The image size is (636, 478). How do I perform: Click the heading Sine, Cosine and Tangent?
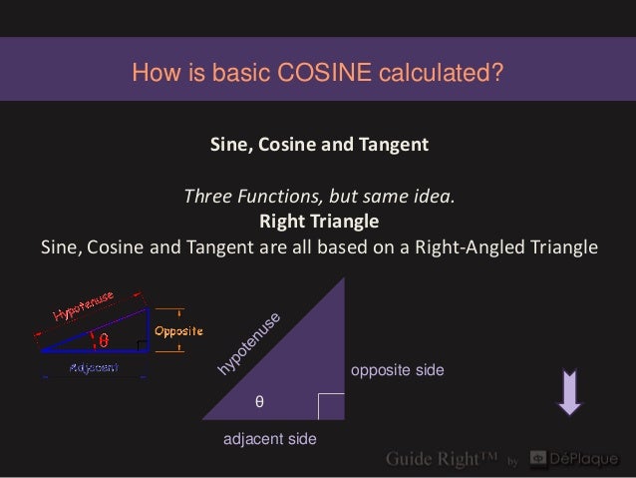(319, 145)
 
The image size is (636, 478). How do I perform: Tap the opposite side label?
(398, 370)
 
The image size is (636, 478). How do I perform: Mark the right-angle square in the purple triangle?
(331, 405)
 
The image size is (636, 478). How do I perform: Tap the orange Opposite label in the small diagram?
(177, 330)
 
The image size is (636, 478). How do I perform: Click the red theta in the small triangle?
(104, 340)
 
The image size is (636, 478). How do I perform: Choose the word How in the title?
(152, 73)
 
